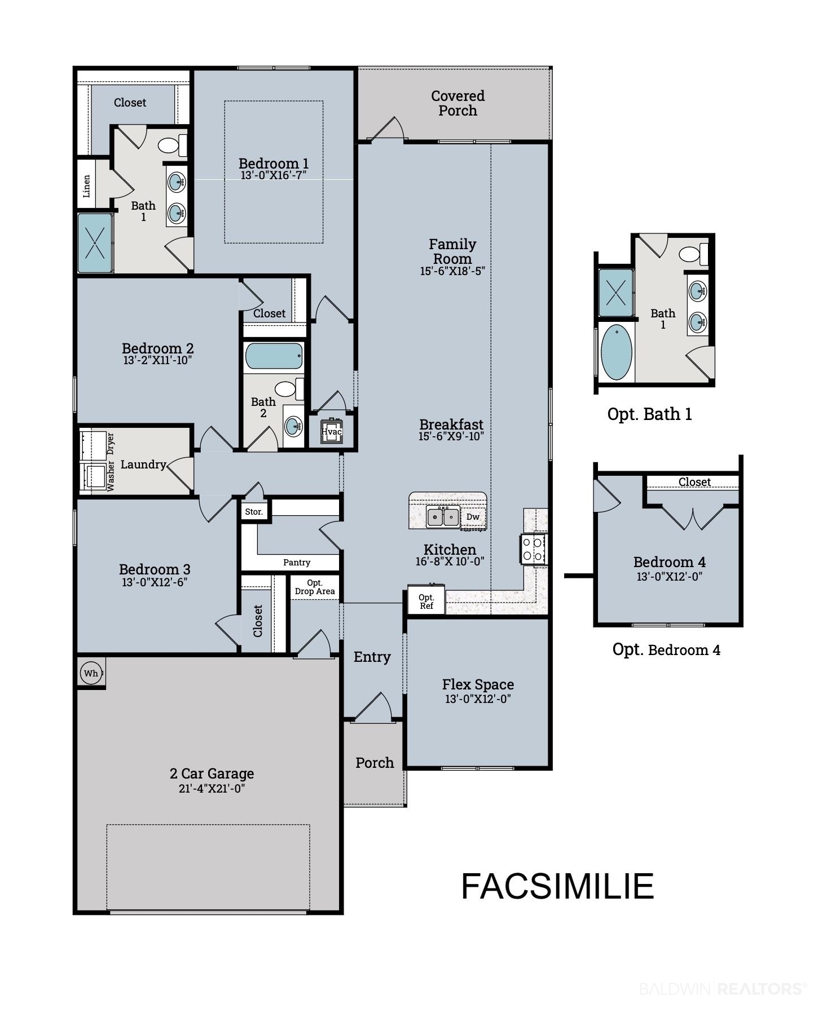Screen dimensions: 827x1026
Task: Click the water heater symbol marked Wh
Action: [91, 673]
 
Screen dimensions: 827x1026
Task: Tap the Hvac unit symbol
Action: [332, 431]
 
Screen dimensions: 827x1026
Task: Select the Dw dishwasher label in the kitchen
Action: [473, 516]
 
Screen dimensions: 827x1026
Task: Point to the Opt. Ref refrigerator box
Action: [426, 601]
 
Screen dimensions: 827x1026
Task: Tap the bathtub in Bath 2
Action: [274, 356]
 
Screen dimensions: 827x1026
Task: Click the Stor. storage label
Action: [254, 511]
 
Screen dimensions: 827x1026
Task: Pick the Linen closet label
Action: [86, 185]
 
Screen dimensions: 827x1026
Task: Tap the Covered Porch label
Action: [458, 103]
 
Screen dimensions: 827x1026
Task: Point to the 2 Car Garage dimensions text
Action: [212, 788]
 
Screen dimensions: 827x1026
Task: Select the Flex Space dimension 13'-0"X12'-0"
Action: [478, 698]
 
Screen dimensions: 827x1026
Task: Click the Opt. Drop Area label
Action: [315, 587]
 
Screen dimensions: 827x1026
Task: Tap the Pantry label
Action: [297, 562]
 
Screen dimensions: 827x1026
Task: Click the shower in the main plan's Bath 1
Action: [95, 242]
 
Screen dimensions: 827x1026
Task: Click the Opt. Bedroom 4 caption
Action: [666, 649]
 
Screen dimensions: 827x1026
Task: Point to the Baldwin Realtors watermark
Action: [723, 989]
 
